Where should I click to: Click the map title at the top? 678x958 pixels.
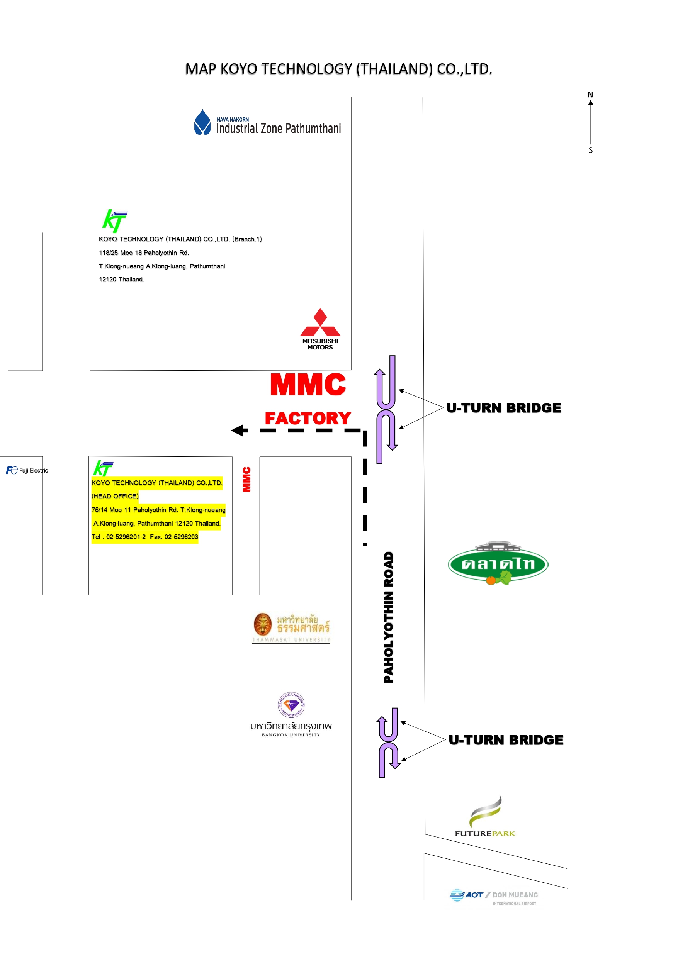click(338, 69)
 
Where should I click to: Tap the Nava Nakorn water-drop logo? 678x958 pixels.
click(202, 122)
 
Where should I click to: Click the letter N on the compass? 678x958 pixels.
click(590, 95)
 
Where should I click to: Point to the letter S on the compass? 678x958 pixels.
click(590, 150)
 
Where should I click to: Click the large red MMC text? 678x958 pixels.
click(308, 384)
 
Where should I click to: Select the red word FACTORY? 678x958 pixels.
click(308, 418)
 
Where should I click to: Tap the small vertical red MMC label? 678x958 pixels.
click(247, 479)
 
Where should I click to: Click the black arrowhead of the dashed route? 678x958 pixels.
click(239, 430)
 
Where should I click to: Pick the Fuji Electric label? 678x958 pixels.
click(27, 470)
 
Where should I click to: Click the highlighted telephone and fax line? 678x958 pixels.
click(145, 537)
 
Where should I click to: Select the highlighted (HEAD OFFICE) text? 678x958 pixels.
click(115, 496)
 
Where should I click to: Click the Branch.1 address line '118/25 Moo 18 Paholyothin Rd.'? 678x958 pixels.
click(144, 253)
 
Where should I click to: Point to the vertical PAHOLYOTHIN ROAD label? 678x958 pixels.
click(388, 617)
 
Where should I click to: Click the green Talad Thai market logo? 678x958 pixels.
click(498, 563)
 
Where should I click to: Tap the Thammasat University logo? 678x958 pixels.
click(291, 628)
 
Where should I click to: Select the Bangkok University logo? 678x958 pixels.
click(291, 714)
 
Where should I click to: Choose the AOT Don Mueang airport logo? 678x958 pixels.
click(493, 897)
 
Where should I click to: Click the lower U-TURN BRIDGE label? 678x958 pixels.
click(506, 740)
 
